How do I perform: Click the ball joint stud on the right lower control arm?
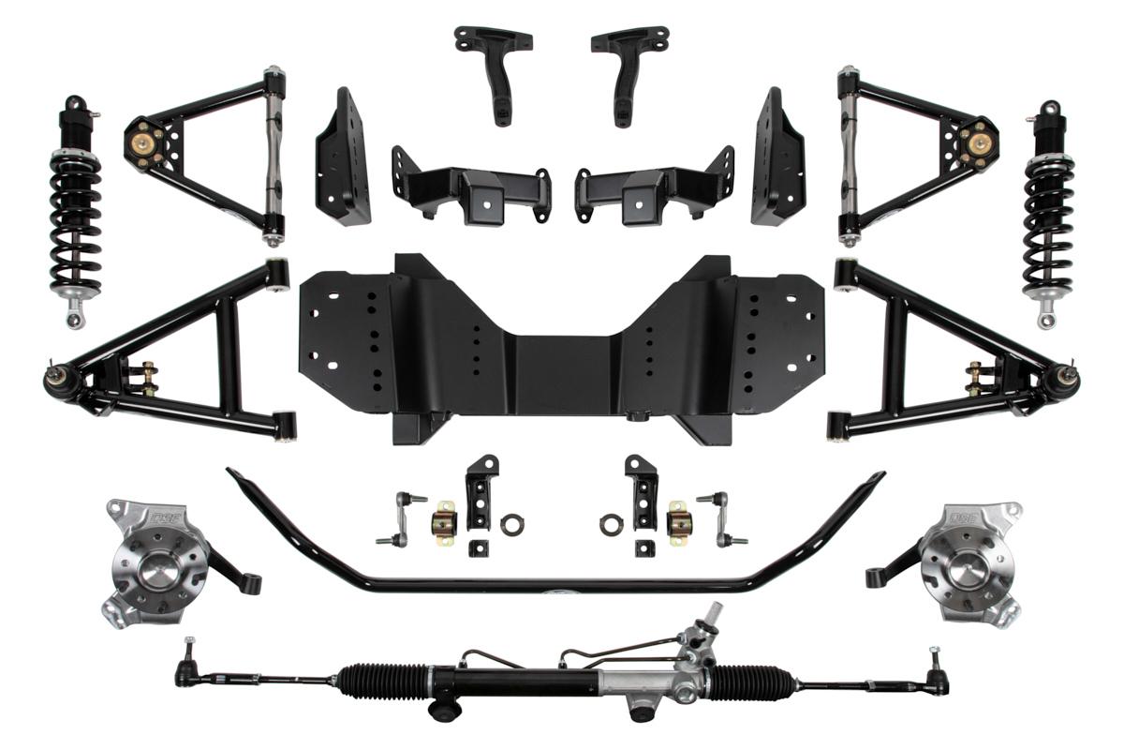point(1069,378)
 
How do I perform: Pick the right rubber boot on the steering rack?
point(759,677)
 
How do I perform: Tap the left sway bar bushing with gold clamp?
point(443,521)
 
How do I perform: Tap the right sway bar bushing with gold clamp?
point(677,521)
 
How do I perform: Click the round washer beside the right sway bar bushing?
point(611,525)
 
